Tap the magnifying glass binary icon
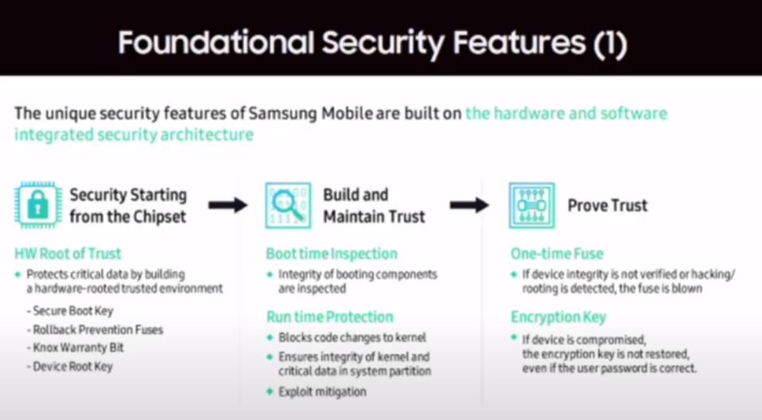coord(288,205)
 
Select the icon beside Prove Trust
coord(532,205)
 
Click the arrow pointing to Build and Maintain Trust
coord(228,205)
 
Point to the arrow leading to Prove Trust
coord(469,205)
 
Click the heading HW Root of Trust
coord(68,255)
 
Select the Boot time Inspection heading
coord(332,255)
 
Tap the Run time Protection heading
coord(330,317)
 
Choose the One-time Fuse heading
coord(557,255)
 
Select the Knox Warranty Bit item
coord(78,348)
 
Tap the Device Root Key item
coord(72,366)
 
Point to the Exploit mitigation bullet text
coord(322,391)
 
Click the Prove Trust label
coord(607,205)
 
